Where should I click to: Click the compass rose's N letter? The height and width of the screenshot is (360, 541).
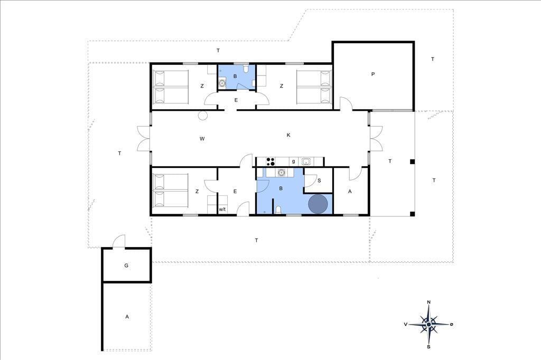coord(429,302)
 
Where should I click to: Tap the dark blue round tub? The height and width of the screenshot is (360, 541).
coord(318,204)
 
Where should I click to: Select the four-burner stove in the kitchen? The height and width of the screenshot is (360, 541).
coord(270,161)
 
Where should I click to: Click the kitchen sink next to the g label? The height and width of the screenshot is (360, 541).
coord(305,161)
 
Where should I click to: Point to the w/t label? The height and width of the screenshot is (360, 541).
coord(222,210)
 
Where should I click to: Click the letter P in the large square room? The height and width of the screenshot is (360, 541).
coord(373,74)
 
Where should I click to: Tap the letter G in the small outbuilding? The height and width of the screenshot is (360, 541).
coord(126,266)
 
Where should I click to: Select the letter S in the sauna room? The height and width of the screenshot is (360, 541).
coord(319,181)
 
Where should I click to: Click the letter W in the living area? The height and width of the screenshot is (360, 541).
coord(202,139)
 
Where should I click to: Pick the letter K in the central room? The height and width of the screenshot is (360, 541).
coord(288,135)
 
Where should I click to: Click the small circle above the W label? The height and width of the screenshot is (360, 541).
coord(203,116)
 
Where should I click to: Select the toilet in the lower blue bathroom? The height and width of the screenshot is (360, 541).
coord(278,210)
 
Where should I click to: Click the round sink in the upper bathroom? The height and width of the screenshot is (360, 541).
coord(222,83)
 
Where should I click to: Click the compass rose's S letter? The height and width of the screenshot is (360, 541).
coord(428,347)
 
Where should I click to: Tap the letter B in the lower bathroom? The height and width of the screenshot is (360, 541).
coord(281,188)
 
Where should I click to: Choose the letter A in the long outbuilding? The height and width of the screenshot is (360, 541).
coord(127,317)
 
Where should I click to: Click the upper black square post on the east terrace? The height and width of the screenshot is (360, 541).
coord(412,162)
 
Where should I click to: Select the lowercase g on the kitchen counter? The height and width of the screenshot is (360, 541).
coord(294,161)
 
